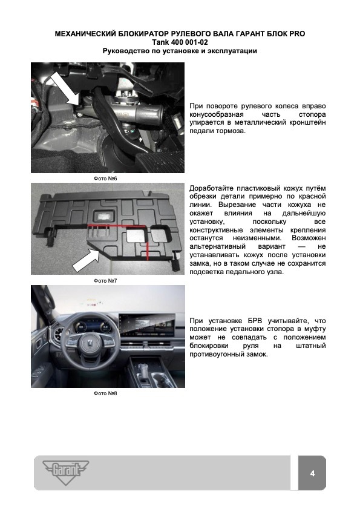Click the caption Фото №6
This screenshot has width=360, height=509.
(x=105, y=178)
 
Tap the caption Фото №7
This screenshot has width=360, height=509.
(x=105, y=280)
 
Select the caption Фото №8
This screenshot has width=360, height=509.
(x=105, y=393)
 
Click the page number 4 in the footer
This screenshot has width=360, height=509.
(x=312, y=473)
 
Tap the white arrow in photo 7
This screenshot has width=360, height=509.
(x=86, y=260)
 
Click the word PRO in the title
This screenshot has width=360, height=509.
(x=297, y=34)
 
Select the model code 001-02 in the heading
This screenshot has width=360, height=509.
(x=195, y=42)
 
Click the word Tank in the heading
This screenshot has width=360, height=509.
(x=160, y=42)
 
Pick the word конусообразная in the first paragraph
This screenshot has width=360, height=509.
(x=216, y=114)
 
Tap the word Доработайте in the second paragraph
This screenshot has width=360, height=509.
(x=211, y=188)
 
